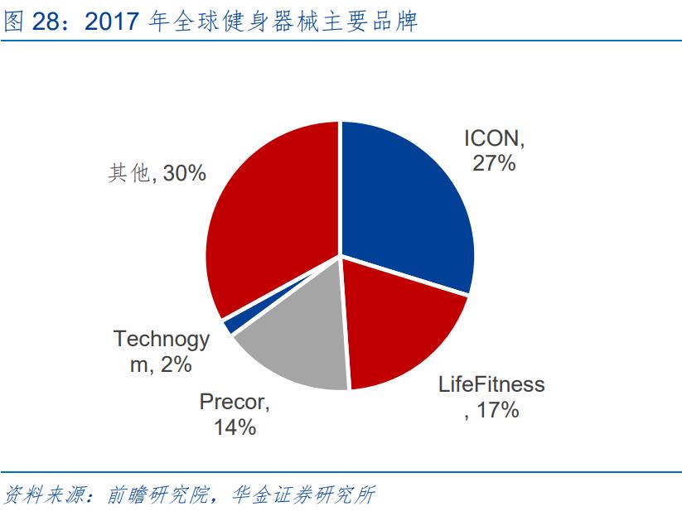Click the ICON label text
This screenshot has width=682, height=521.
pos(495,137)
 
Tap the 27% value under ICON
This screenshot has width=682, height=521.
pos(494,163)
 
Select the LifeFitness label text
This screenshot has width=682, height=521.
pos(491,384)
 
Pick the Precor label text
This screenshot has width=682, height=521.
pos(235,403)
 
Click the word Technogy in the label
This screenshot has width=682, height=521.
pos(162,339)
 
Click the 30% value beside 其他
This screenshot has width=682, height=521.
pos(184,173)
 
